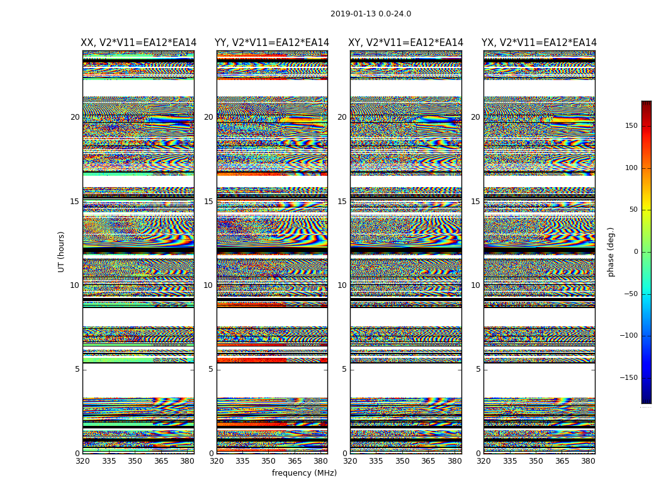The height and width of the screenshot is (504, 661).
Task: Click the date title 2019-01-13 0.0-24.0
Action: (x=371, y=14)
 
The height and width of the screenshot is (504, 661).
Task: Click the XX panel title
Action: (x=138, y=43)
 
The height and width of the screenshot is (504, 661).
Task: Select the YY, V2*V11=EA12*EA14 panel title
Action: (x=272, y=43)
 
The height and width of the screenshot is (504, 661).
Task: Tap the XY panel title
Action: (x=406, y=43)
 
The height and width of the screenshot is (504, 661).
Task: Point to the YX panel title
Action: (x=539, y=43)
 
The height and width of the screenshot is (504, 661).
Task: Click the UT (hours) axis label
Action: (x=61, y=251)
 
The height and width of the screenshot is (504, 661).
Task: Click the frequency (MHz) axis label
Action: (x=304, y=473)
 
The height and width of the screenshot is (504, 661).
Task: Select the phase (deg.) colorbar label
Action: (x=611, y=252)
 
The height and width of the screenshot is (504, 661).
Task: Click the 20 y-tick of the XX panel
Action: (x=75, y=117)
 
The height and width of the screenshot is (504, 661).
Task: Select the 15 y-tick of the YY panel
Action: (x=208, y=202)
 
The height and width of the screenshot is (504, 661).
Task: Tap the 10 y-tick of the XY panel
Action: (x=342, y=285)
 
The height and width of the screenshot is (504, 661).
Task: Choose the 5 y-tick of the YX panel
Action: (x=478, y=369)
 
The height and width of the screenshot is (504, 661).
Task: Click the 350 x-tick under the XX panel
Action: (x=135, y=461)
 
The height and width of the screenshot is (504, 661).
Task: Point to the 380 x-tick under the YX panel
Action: (x=589, y=461)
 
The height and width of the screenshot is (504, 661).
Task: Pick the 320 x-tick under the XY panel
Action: (x=351, y=461)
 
